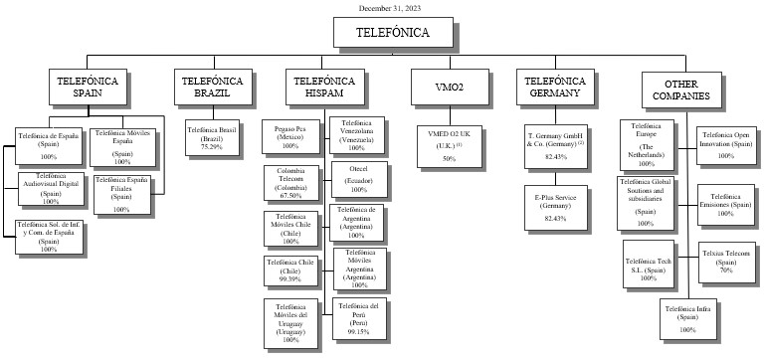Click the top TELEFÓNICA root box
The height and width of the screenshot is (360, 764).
pyautogui.click(x=393, y=33)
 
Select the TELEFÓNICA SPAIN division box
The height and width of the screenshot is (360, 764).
pyautogui.click(x=88, y=87)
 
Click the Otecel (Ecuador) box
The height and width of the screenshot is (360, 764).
pyautogui.click(x=358, y=180)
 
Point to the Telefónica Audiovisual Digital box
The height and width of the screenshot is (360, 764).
pyautogui.click(x=50, y=189)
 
